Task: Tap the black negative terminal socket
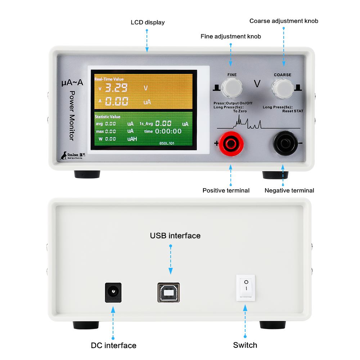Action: pos(283,144)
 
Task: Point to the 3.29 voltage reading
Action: pos(116,88)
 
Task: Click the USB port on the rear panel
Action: pos(168,292)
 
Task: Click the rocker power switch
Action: pos(246,288)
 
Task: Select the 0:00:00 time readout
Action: pos(168,131)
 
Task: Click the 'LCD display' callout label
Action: pos(148,22)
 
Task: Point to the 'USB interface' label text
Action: pos(175,236)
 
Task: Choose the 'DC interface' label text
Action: pos(113,346)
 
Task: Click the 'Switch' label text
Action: pos(245,345)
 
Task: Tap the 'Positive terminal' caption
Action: pos(226,190)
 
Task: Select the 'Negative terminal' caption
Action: pos(289,190)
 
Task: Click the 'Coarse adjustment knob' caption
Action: pos(284,21)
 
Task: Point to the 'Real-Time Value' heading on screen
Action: pos(109,79)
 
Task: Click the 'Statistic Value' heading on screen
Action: pos(107,117)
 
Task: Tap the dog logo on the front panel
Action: pos(64,155)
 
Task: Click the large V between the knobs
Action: pos(257,84)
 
